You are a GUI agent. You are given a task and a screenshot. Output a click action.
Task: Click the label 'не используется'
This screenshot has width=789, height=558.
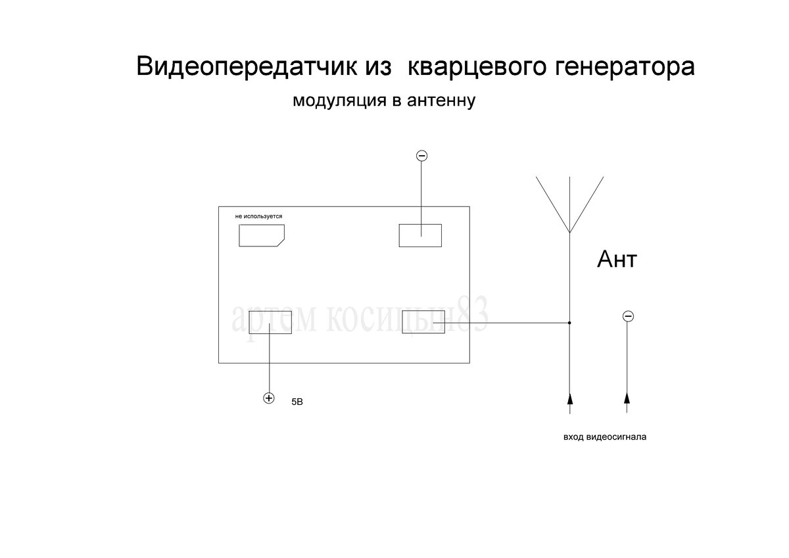[x=258, y=216]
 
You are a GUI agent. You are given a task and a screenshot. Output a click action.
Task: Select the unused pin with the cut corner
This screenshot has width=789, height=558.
[x=261, y=235]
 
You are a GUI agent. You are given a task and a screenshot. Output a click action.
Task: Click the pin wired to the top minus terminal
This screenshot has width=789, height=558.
[x=420, y=235]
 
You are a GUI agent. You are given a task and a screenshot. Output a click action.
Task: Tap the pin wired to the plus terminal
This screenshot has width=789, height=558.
[x=270, y=323]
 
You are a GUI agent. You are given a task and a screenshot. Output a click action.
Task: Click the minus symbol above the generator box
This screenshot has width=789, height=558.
[x=422, y=156]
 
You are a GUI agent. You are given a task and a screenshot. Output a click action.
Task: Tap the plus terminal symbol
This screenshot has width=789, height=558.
[x=268, y=398]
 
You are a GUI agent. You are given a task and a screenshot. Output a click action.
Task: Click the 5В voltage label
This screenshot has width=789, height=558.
[x=297, y=401]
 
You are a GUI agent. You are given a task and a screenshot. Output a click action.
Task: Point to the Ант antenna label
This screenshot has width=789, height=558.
[x=617, y=260]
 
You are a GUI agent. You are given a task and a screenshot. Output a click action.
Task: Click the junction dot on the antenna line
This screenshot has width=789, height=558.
[x=569, y=323]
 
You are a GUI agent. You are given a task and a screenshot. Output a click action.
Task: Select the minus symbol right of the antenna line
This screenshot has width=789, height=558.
[x=627, y=317]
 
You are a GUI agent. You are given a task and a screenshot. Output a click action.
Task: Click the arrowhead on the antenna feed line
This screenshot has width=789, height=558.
[x=569, y=398]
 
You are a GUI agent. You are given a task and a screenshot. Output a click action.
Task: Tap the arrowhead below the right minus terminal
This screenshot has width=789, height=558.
[x=627, y=398]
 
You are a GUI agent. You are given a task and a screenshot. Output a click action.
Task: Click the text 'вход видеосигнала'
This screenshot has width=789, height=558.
[x=605, y=436]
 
